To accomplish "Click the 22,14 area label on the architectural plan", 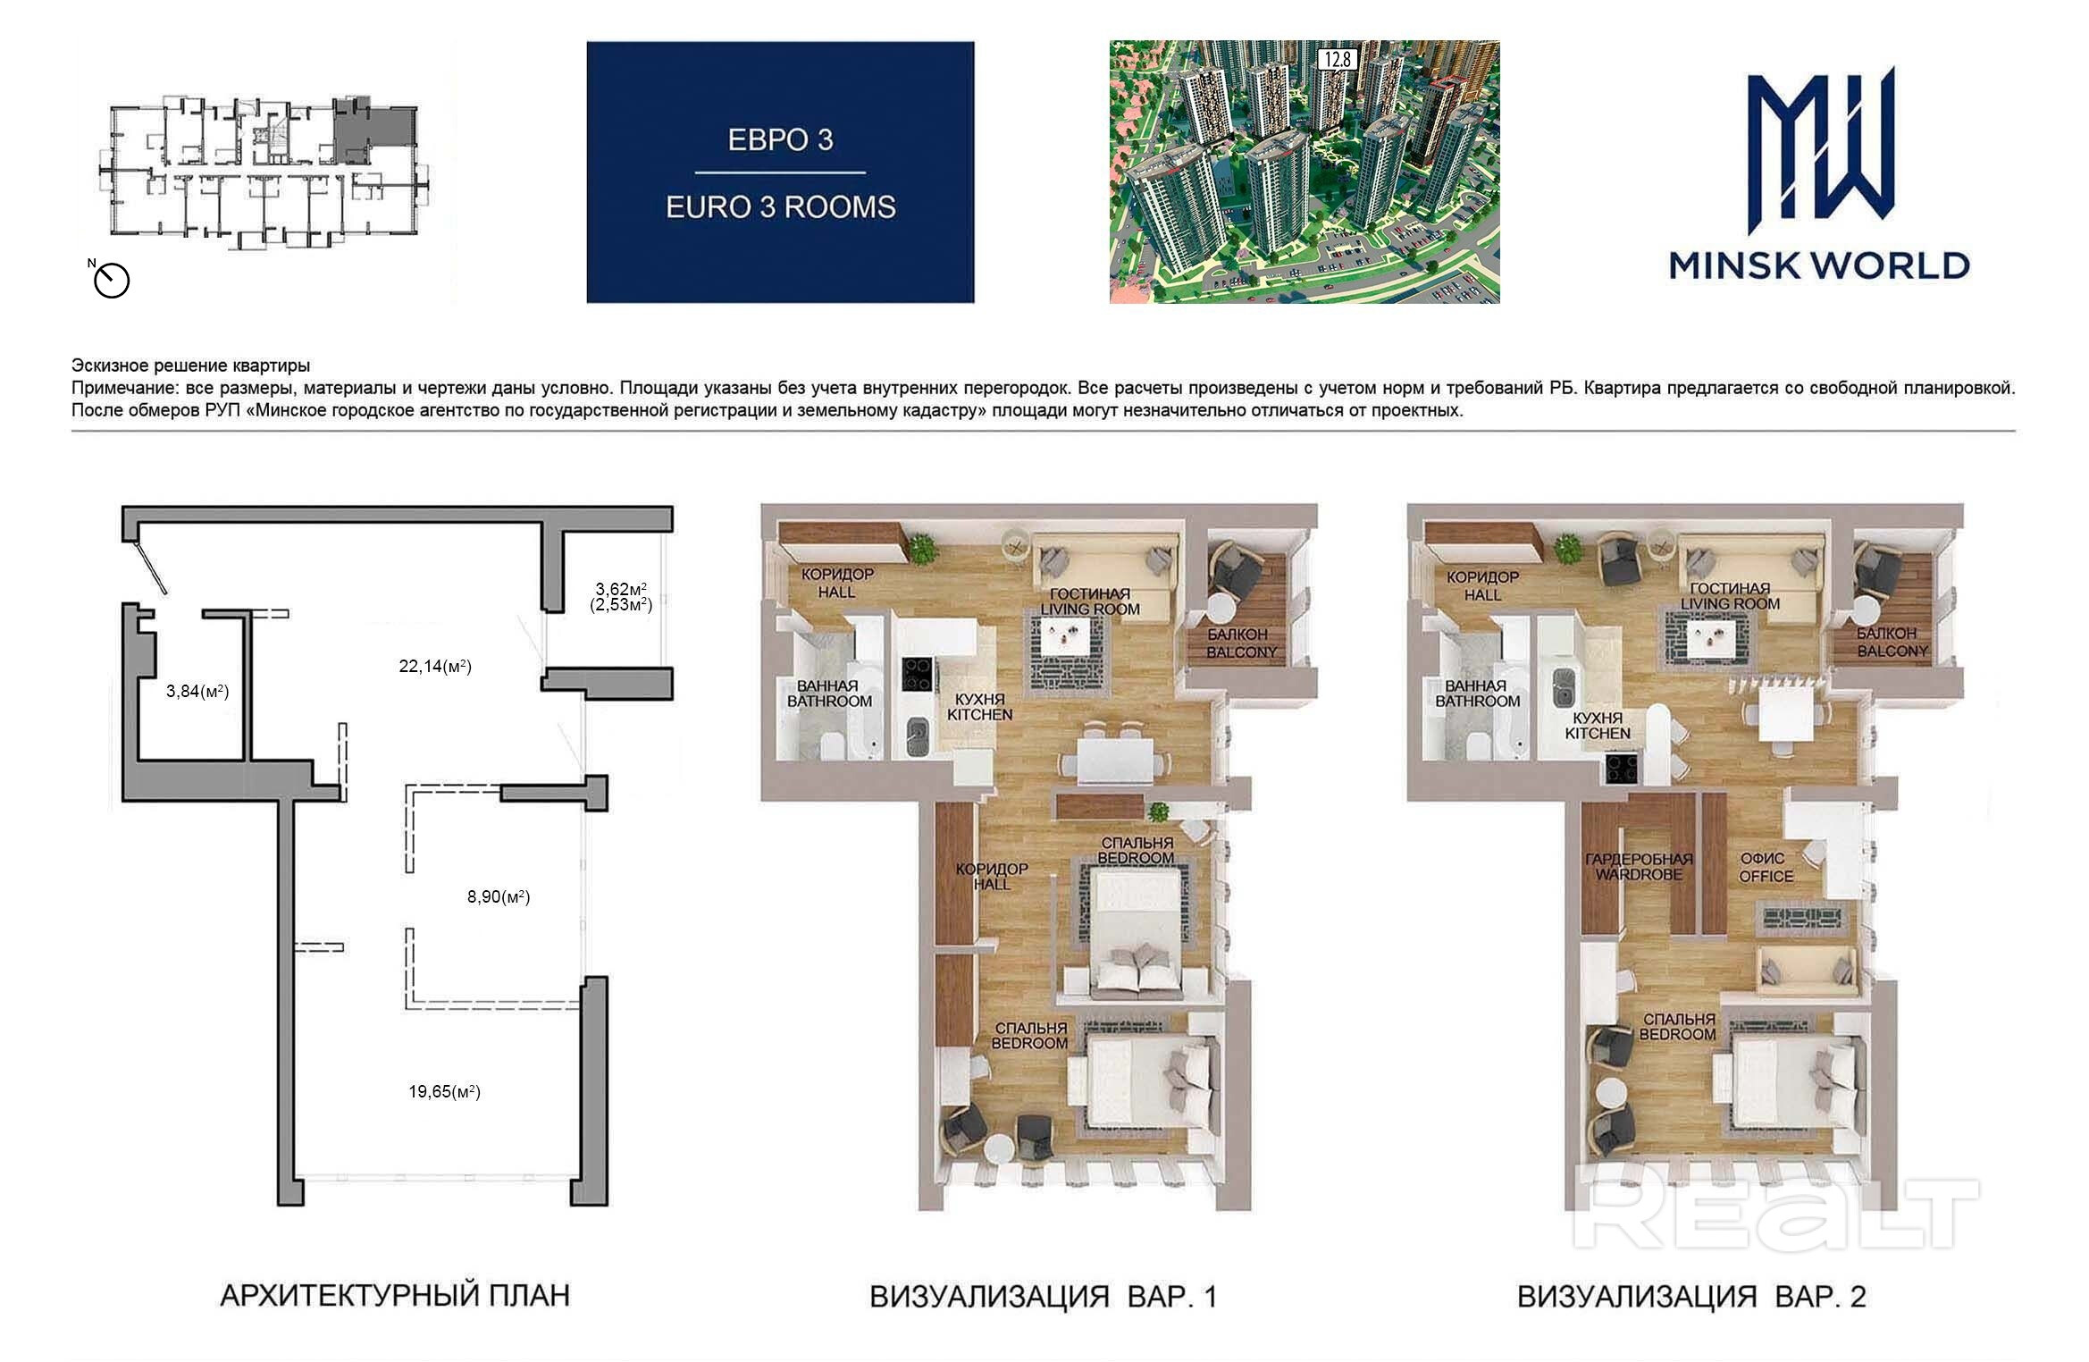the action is (x=435, y=666).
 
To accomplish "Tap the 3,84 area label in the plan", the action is (x=197, y=691).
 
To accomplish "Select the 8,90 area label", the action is (x=499, y=896).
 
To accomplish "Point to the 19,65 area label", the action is (x=445, y=1091).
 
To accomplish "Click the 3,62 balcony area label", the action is (x=621, y=589).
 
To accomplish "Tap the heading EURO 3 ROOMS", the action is (x=780, y=207).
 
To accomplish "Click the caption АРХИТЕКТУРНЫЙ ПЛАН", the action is (x=394, y=1295).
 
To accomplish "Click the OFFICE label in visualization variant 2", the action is (x=1766, y=877).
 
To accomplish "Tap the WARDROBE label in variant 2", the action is (x=1638, y=874).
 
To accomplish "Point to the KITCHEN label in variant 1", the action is (x=979, y=715).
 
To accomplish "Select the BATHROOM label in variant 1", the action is (x=829, y=702).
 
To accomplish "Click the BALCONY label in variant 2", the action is (x=1892, y=652).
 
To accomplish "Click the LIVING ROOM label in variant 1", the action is (x=1089, y=610).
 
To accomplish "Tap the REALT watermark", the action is (x=1774, y=1215).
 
